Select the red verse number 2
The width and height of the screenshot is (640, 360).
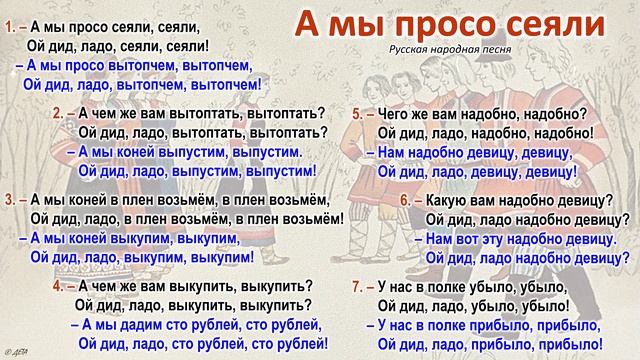tap(59, 114)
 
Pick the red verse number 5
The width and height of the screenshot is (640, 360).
tap(358, 114)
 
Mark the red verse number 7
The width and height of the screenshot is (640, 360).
tap(358, 285)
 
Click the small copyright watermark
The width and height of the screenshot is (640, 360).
tap(15, 352)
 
